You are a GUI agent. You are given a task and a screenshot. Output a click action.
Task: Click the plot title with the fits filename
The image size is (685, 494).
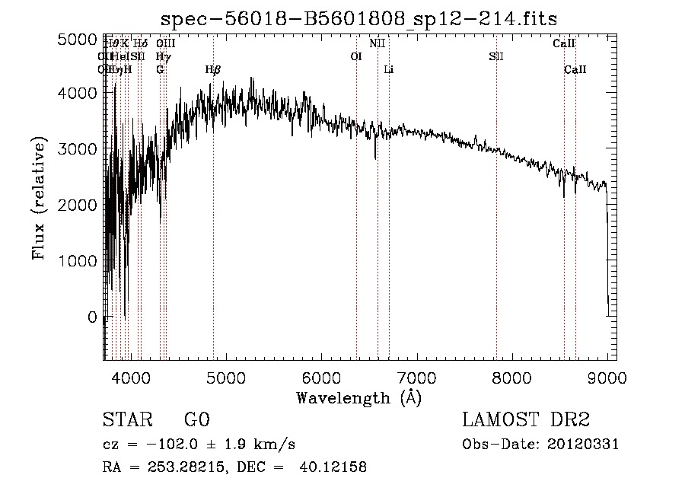click(x=366, y=19)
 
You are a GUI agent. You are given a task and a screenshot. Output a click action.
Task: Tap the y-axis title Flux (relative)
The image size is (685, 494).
click(x=39, y=198)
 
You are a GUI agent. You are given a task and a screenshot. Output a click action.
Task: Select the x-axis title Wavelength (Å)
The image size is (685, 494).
click(x=358, y=397)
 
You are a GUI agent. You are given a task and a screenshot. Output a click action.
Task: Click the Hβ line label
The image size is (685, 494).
click(x=213, y=70)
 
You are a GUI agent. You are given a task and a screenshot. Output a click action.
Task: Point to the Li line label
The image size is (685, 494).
click(x=389, y=70)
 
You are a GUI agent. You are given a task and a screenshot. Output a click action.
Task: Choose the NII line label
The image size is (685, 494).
click(x=378, y=44)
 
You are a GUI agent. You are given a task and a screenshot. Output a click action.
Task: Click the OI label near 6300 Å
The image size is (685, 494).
click(x=355, y=57)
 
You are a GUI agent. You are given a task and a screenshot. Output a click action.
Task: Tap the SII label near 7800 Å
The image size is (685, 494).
click(x=496, y=57)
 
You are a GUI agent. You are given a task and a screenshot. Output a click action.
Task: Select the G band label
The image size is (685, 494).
click(x=160, y=70)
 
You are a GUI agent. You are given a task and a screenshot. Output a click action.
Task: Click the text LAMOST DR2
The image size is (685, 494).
click(x=526, y=420)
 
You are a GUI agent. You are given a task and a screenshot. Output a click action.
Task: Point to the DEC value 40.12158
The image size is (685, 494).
click(x=334, y=467)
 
